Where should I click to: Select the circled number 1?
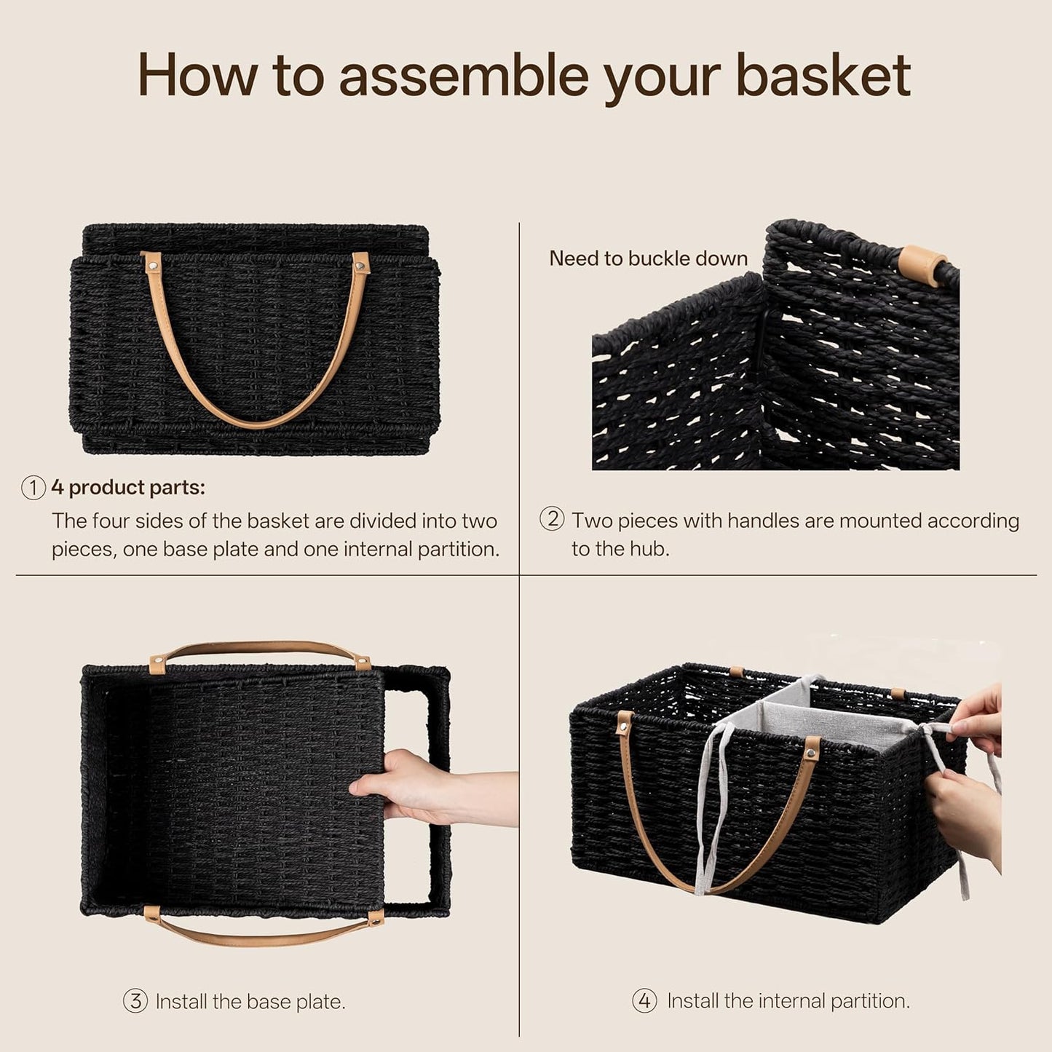[x=33, y=488]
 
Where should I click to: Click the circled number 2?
[x=552, y=518]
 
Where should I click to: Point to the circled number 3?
[x=135, y=1001]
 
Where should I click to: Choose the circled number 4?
[x=644, y=1001]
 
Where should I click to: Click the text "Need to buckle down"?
[x=648, y=258]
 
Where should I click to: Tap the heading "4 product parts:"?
[x=128, y=488]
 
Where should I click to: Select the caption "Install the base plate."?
[x=250, y=1002]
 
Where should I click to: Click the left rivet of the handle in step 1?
[x=153, y=266]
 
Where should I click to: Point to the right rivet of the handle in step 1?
[x=360, y=267]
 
